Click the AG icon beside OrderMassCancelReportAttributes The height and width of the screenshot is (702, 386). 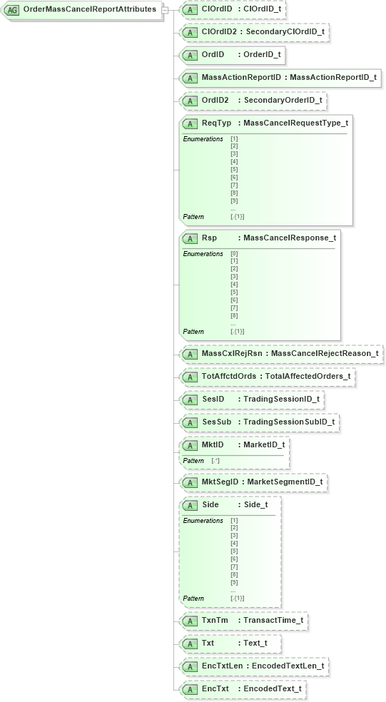pyautogui.click(x=13, y=9)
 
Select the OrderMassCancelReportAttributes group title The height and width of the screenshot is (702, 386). pyautogui.click(x=89, y=9)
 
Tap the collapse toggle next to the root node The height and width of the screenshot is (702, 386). pyautogui.click(x=166, y=9)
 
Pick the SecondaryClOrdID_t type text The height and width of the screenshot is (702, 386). pyautogui.click(x=286, y=32)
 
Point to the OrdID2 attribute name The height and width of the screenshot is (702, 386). pyautogui.click(x=215, y=100)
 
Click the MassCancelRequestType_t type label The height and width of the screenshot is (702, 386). pyautogui.click(x=295, y=123)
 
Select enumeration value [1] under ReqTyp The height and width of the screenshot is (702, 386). pyautogui.click(x=234, y=138)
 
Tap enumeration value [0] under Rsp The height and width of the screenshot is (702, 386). pyautogui.click(x=234, y=253)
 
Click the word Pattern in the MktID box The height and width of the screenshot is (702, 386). pyautogui.click(x=193, y=461)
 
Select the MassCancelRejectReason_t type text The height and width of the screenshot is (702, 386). pyautogui.click(x=325, y=352)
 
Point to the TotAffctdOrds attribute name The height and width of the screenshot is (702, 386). pyautogui.click(x=228, y=375)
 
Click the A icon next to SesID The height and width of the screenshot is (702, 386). pyautogui.click(x=191, y=399)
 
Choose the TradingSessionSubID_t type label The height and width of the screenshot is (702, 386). pyautogui.click(x=288, y=422)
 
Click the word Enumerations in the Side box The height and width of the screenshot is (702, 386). pyautogui.click(x=203, y=521)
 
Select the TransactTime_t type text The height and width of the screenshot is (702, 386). pyautogui.click(x=273, y=621)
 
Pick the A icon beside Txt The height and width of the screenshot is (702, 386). pyautogui.click(x=191, y=643)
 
